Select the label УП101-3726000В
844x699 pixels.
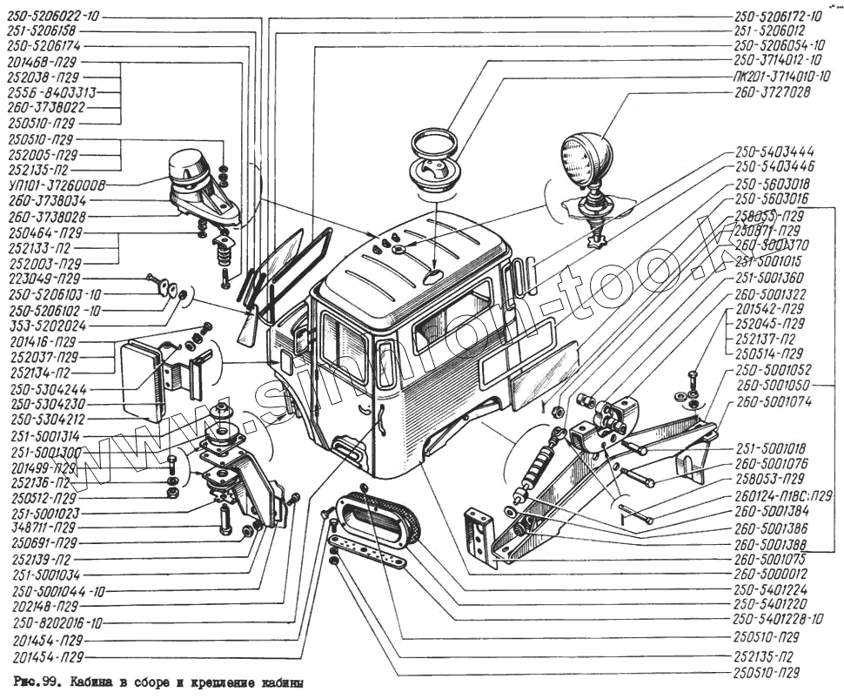pyautogui.click(x=57, y=185)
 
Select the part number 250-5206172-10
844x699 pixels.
pyautogui.click(x=778, y=16)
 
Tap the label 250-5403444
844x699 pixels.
pyautogui.click(x=774, y=151)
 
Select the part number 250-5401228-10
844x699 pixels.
pyautogui.click(x=778, y=619)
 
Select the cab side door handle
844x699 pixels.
pyautogui.click(x=381, y=420)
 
